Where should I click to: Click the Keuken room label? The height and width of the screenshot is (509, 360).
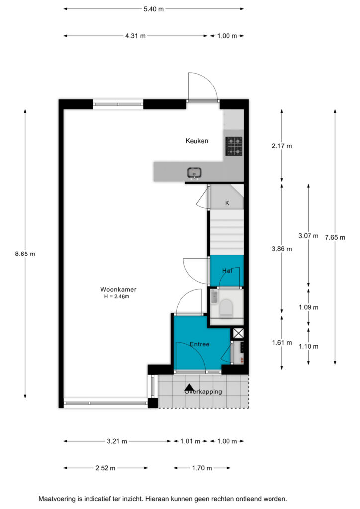[197, 141]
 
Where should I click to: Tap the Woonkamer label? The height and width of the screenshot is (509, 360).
[118, 290]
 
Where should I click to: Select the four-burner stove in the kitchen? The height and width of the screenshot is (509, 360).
[234, 146]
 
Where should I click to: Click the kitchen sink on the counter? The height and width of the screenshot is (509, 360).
[194, 172]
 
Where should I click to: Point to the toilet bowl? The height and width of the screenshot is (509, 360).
[226, 307]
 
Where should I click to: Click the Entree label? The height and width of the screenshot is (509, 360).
[199, 344]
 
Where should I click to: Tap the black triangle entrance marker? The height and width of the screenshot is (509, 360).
[189, 387]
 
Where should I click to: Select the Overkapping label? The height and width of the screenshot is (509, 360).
[203, 392]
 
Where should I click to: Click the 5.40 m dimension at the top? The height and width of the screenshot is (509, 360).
[154, 9]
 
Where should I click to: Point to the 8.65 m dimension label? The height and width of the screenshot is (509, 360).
[25, 254]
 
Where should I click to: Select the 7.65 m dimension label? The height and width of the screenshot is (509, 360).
[335, 237]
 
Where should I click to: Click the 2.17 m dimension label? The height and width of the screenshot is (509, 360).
[282, 146]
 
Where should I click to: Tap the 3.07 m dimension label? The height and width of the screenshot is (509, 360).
[308, 236]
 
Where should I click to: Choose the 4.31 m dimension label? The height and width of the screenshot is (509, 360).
[135, 36]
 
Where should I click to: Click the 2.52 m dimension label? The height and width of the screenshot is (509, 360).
[105, 468]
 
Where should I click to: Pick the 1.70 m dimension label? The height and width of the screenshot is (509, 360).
[202, 468]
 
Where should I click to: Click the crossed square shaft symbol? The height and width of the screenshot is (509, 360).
[238, 333]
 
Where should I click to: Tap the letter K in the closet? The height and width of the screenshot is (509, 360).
[227, 203]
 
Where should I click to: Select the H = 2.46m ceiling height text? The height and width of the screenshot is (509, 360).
[116, 296]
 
